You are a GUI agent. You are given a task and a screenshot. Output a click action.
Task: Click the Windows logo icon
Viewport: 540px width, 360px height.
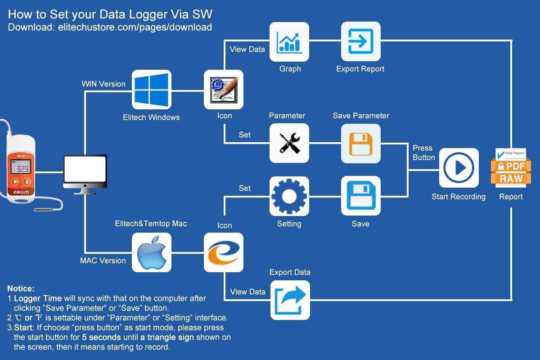[151, 90]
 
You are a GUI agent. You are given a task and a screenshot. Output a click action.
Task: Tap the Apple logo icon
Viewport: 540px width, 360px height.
[151, 252]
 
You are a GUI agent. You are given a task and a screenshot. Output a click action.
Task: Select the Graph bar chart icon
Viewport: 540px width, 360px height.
[289, 42]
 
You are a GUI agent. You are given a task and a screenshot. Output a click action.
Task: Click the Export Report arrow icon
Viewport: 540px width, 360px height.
[361, 42]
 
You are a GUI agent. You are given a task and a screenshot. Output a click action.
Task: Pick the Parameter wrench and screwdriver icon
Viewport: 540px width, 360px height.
[289, 143]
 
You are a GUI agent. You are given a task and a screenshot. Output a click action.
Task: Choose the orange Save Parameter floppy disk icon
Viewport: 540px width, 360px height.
[361, 143]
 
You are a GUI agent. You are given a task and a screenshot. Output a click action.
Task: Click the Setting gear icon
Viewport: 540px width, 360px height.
[289, 196]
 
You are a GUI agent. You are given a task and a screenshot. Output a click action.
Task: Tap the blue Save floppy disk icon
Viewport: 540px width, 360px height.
[361, 196]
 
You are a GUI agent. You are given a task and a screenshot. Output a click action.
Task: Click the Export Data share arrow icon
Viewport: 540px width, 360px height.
[290, 300]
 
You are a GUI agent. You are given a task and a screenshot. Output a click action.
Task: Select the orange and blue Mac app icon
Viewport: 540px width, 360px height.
[224, 252]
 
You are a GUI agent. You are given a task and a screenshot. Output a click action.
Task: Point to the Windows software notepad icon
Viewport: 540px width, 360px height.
[224, 90]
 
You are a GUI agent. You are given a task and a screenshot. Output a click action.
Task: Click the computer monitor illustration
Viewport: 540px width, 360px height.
[85, 174]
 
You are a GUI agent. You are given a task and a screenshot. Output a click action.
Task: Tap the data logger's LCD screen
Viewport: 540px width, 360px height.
[21, 169]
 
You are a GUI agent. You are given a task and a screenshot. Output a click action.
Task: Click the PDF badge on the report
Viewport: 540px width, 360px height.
[511, 166]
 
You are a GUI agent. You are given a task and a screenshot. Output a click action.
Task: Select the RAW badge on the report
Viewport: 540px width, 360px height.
[511, 178]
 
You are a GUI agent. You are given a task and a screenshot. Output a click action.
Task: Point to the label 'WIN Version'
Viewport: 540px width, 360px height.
[103, 84]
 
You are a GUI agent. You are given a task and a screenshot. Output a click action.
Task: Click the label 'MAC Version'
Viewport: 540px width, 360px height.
[103, 261]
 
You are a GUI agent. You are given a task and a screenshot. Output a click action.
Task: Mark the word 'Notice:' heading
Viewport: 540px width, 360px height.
[21, 288]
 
